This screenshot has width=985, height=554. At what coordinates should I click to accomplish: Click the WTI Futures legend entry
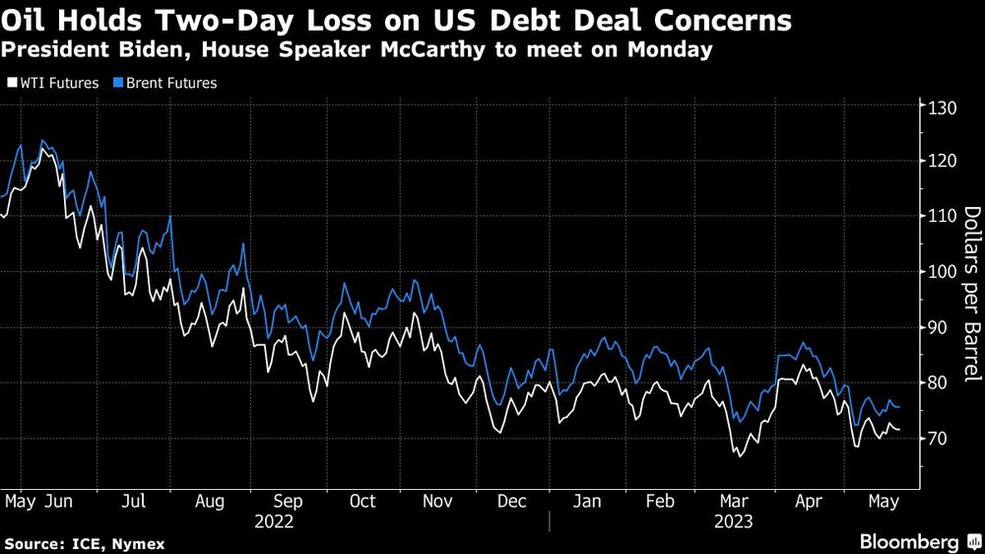57,84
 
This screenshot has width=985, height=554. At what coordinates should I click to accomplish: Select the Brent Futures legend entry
167,84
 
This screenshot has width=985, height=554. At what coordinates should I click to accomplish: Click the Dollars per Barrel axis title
969,295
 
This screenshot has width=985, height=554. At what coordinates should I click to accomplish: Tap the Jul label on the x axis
134,502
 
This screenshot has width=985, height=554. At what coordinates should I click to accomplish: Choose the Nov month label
435,502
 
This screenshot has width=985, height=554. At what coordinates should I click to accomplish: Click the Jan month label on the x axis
588,502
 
